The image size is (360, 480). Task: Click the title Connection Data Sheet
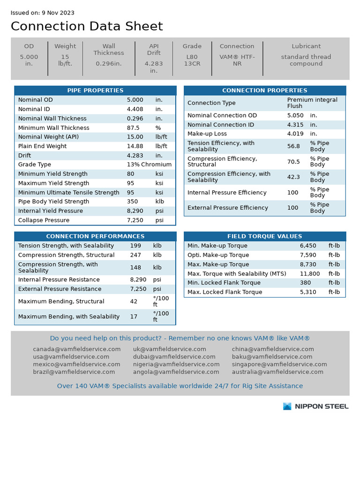87,26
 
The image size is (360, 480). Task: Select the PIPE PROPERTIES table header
95,90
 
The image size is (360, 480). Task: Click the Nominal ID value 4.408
135,109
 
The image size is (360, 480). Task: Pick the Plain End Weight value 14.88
135,146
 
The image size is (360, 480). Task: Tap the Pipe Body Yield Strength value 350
132,202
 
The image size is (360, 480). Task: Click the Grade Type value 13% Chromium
149,165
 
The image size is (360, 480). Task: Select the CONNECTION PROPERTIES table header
264,90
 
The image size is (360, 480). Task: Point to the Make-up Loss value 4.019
295,134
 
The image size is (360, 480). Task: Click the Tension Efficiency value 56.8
293,146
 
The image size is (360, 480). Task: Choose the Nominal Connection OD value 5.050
295,115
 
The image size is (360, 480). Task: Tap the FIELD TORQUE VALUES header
264,236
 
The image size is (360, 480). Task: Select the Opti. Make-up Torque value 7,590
308,255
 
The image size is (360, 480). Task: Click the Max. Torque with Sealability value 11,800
310,274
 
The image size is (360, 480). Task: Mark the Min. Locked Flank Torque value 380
305,283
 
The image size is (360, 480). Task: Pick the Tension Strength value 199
135,246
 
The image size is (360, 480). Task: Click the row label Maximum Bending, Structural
61,301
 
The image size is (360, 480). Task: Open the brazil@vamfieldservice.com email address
74,372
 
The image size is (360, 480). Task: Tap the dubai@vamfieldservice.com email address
169,357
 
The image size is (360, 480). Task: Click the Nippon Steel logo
315,406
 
